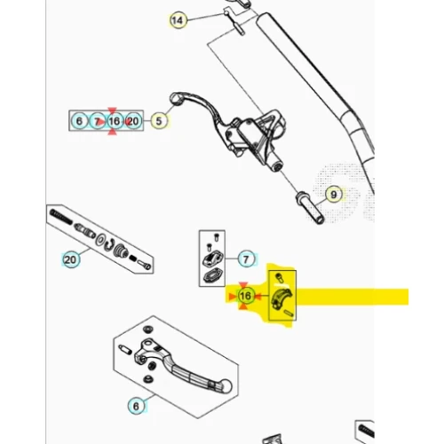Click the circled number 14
click(x=178, y=20)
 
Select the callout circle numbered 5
click(x=159, y=121)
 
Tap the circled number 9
click(x=334, y=194)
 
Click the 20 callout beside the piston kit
click(x=70, y=260)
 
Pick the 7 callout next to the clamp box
click(x=246, y=259)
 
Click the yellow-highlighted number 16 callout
click(x=245, y=296)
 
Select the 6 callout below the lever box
click(x=136, y=406)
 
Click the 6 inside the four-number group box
click(x=79, y=121)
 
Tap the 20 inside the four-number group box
click(x=133, y=121)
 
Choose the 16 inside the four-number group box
click(x=115, y=121)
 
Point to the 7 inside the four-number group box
click(x=97, y=121)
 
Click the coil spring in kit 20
click(x=61, y=217)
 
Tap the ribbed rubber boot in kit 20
click(x=122, y=251)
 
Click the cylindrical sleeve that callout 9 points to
click(x=310, y=208)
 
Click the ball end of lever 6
click(x=226, y=385)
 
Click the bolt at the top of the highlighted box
click(x=279, y=278)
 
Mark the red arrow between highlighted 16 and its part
click(x=258, y=296)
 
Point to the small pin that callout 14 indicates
click(x=239, y=28)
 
